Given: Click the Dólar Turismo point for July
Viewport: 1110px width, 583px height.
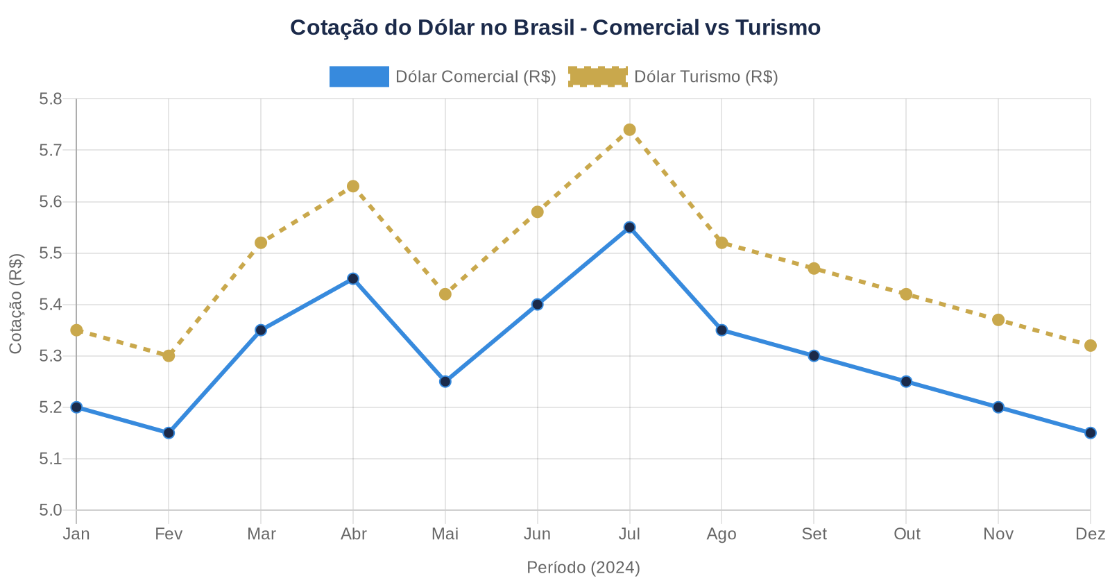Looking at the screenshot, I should point(629,130).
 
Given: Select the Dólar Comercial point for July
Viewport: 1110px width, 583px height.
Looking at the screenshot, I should point(629,228).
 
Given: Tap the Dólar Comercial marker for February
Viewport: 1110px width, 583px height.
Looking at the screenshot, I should point(169,433).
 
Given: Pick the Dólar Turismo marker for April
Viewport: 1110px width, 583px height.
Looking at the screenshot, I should point(353,186).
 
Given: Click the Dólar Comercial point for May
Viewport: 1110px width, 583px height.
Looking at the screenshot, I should point(445,382).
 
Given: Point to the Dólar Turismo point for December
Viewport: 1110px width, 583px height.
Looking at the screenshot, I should point(1090,346).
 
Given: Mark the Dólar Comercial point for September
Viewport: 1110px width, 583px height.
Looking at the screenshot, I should point(814,356).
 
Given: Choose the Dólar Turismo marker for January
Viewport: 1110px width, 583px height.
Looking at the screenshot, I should point(76,330).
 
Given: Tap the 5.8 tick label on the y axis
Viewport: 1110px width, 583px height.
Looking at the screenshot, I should point(51,99).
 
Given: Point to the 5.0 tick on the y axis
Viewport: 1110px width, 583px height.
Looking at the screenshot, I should point(51,511).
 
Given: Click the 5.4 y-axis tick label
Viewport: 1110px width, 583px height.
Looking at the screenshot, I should point(51,305).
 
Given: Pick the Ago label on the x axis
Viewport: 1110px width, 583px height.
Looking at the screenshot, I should point(721,534).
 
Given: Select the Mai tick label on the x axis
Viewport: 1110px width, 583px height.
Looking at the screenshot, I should point(445,534).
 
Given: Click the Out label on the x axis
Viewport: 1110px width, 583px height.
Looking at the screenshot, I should point(906,534).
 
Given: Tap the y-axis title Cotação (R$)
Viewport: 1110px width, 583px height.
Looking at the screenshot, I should point(16,304).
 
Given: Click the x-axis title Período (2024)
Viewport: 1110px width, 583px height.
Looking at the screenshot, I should point(583,568).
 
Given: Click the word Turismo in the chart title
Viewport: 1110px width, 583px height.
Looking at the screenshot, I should point(778,28).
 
